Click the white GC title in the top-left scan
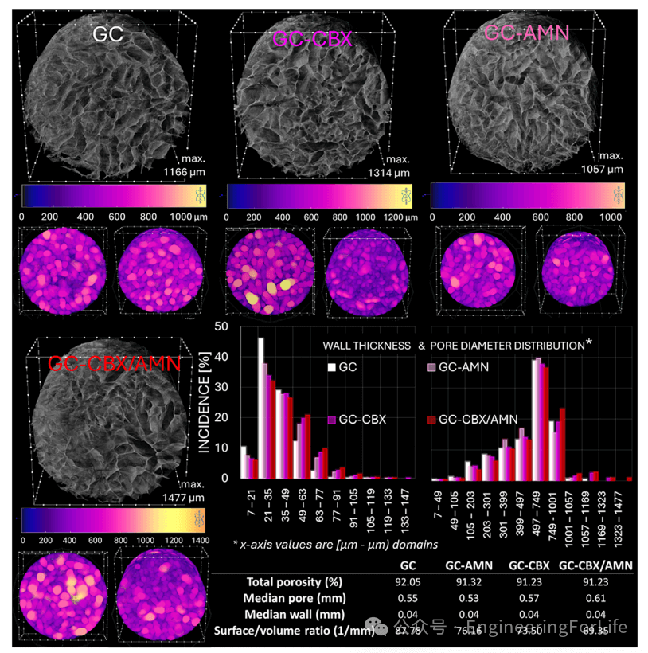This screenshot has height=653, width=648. (108, 35)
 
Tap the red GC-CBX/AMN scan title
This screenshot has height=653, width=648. (115, 363)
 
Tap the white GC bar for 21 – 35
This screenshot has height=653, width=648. (260, 408)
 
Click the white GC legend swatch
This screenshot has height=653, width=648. (330, 367)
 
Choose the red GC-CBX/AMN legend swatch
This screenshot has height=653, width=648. (432, 419)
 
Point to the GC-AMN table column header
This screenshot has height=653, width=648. (466, 565)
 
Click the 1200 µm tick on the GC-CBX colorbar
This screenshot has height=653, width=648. (391, 217)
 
